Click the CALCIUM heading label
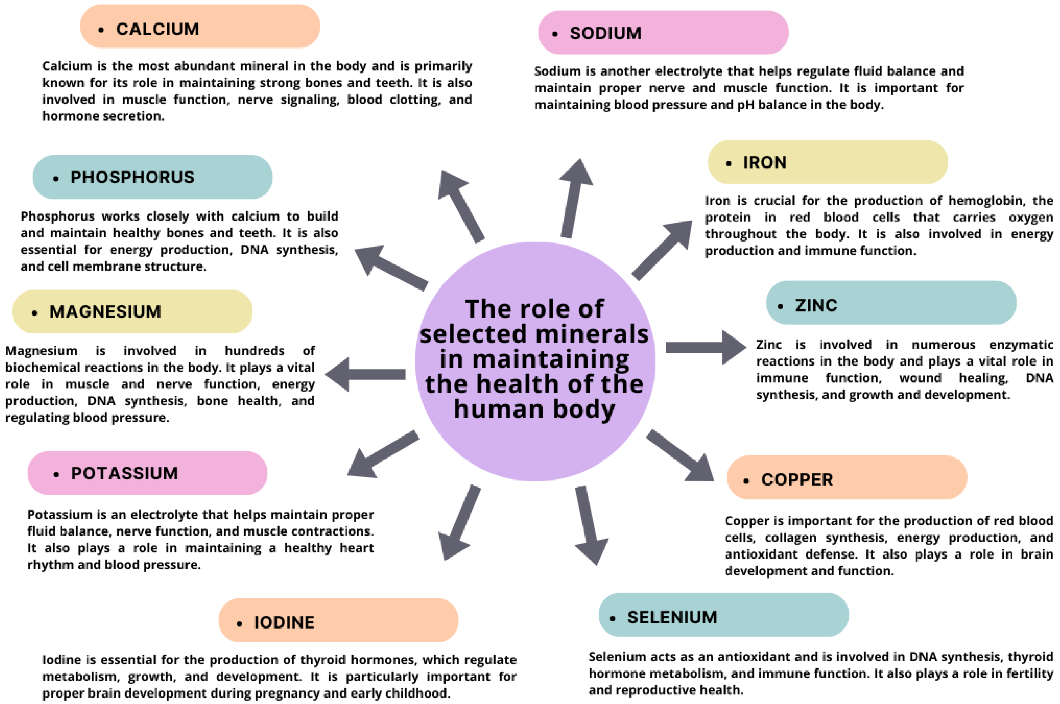pos(157,29)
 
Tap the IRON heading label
pos(764,162)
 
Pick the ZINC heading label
pos(816,305)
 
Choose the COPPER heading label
pos(797,479)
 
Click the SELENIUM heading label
pos(672,617)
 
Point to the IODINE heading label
pos(284,622)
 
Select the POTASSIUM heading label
pos(124,473)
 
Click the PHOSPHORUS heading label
pos(132,177)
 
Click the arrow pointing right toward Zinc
pos(705,347)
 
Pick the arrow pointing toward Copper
pos(681,456)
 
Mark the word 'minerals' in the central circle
pos(592,334)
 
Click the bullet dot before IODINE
pos(239,623)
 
